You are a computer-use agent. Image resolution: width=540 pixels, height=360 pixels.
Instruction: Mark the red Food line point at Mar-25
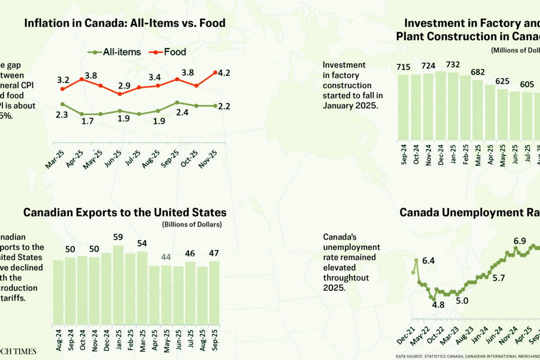62,89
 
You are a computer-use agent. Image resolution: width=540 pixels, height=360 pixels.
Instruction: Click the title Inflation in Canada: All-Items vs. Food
124,23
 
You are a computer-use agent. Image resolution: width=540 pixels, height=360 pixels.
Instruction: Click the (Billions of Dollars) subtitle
192,224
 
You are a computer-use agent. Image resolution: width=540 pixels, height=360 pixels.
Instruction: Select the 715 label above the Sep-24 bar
403,67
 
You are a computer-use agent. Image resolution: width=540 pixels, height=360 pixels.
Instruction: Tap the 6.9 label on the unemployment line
519,241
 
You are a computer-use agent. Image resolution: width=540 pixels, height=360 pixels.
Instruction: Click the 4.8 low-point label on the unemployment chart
438,304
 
